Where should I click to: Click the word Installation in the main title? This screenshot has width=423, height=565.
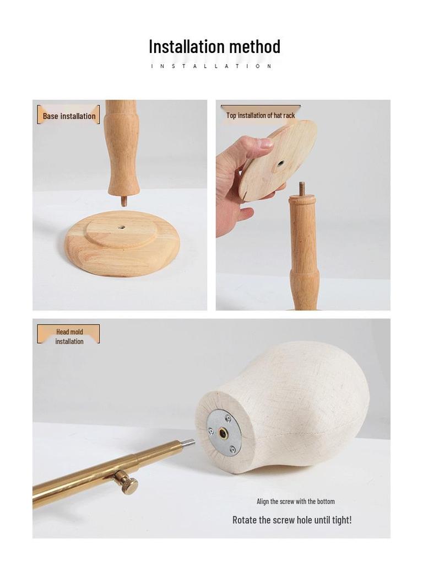[187, 46]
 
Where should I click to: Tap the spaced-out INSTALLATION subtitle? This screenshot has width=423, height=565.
[212, 66]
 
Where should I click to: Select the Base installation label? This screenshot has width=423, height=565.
[69, 116]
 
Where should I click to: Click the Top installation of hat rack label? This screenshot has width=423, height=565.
[261, 115]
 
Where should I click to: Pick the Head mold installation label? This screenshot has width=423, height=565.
[69, 337]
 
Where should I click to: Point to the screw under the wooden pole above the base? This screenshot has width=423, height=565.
[123, 201]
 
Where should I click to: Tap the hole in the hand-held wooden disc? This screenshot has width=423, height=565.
[281, 164]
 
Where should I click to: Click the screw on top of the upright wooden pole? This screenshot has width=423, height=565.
[302, 189]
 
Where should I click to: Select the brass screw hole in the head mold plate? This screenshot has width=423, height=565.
[223, 433]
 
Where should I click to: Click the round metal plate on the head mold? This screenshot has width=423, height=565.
[224, 433]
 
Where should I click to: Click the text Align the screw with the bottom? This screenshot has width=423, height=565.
[295, 502]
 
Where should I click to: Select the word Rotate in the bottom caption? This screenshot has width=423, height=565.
[244, 520]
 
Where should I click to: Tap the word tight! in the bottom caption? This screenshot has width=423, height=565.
[340, 520]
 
